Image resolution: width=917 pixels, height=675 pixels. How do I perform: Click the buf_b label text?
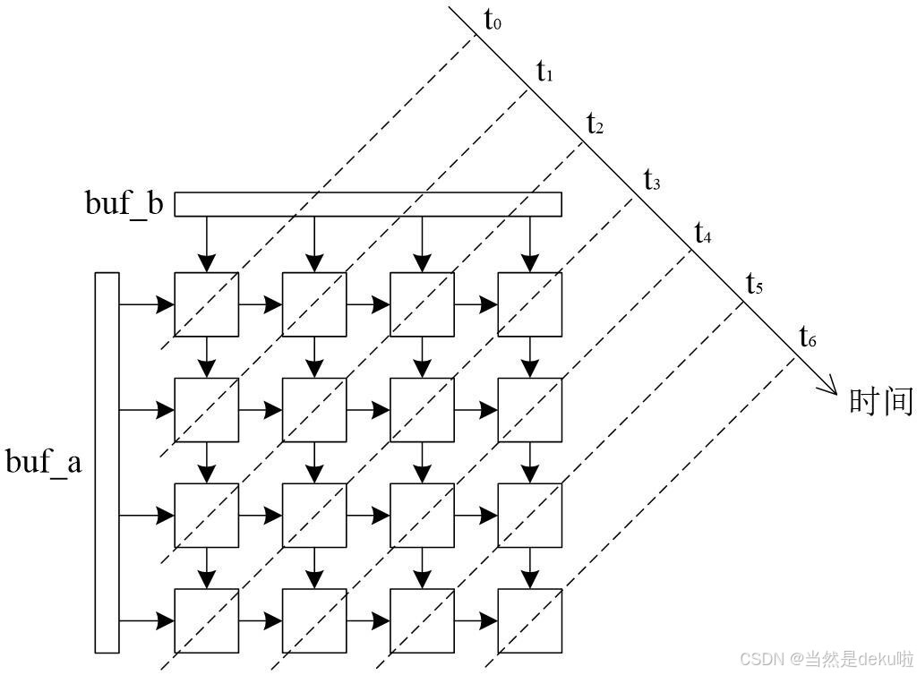124,204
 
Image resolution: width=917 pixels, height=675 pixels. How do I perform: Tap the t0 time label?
493,21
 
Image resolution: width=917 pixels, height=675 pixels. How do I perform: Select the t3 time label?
652,180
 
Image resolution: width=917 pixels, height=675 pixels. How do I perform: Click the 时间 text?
880,401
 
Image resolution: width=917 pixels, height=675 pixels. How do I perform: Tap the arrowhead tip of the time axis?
837,392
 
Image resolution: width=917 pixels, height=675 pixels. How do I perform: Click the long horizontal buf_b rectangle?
367,204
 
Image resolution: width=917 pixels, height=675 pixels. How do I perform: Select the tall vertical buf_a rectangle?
107,462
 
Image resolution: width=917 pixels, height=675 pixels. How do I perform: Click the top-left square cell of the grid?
207,304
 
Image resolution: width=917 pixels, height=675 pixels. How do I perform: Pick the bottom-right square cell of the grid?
529,620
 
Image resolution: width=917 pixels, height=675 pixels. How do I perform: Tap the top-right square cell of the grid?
529,304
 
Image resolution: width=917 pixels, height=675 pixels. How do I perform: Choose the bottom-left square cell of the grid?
207,620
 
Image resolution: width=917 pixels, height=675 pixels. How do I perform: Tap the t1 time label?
544,72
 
